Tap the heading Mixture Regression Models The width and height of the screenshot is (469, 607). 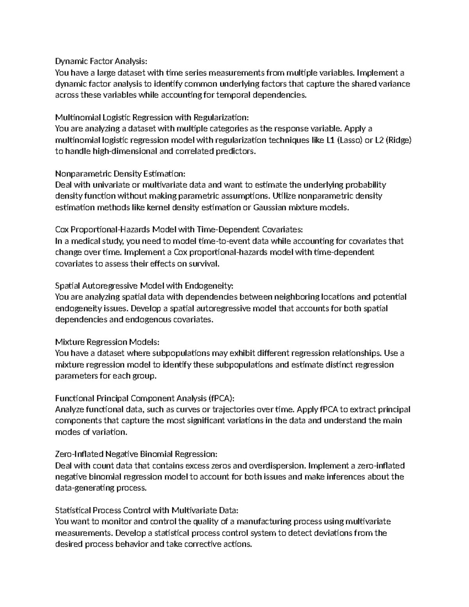pos(107,342)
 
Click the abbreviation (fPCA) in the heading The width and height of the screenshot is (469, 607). pos(221,398)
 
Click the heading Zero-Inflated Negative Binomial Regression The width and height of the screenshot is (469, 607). pos(136,454)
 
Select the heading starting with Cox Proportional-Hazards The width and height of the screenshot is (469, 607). pos(179,229)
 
